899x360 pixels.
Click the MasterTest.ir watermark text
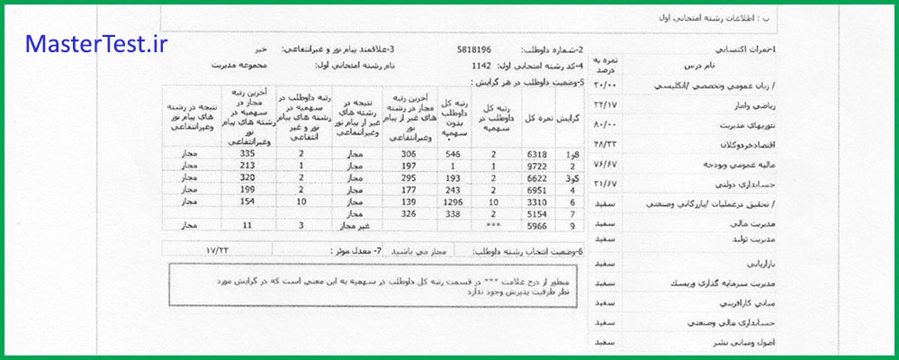click(96, 44)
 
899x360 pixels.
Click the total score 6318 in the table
click(536, 154)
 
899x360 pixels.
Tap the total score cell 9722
click(536, 166)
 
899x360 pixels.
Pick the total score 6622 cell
click(536, 179)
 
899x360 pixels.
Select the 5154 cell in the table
click(536, 215)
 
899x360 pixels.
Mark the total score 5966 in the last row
click(536, 228)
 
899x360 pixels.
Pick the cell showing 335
click(237, 154)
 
